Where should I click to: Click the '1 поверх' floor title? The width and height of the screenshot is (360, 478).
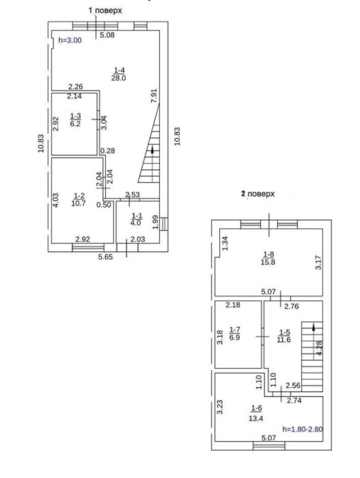pyautogui.click(x=105, y=10)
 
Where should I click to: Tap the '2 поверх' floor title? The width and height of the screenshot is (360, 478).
pyautogui.click(x=258, y=194)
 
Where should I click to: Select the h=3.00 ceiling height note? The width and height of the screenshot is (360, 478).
pyautogui.click(x=70, y=40)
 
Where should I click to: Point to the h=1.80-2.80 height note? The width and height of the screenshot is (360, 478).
pyautogui.click(x=302, y=429)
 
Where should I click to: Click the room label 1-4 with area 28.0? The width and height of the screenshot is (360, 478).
pyautogui.click(x=119, y=74)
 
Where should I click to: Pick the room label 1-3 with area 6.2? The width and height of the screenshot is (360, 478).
pyautogui.click(x=75, y=119)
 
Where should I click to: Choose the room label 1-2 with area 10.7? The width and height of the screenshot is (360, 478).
pyautogui.click(x=78, y=200)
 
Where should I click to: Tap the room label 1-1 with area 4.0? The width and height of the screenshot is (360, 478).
pyautogui.click(x=136, y=219)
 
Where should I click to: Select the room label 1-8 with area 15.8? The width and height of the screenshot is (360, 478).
pyautogui.click(x=269, y=258)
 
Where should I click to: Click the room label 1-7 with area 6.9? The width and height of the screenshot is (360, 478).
pyautogui.click(x=235, y=334)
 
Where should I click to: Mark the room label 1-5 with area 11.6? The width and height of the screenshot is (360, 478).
pyautogui.click(x=284, y=336)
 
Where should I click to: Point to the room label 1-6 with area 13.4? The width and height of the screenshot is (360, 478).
pyautogui.click(x=256, y=413)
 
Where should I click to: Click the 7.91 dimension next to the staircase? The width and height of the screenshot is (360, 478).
pyautogui.click(x=154, y=96)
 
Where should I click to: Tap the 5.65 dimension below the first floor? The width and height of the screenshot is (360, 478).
pyautogui.click(x=105, y=257)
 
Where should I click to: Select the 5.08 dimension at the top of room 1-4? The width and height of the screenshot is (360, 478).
pyautogui.click(x=108, y=35)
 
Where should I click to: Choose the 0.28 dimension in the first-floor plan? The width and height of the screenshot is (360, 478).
pyautogui.click(x=108, y=151)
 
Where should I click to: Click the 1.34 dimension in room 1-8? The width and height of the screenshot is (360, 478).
pyautogui.click(x=225, y=243)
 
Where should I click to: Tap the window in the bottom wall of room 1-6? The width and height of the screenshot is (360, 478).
pyautogui.click(x=269, y=447)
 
